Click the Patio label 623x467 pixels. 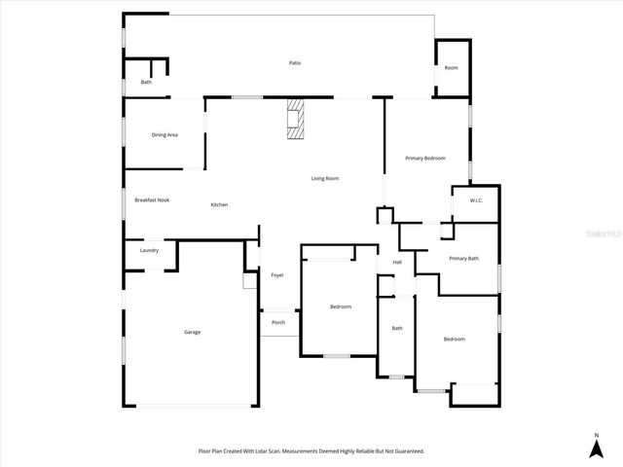[294, 63]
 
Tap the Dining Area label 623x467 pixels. [165, 135]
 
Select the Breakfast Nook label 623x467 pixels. [152, 199]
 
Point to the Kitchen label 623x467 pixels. [220, 204]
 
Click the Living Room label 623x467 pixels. [324, 178]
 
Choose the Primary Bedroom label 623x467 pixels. [425, 158]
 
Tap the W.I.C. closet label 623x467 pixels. [476, 200]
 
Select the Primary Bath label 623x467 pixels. [463, 258]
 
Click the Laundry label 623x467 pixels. [149, 250]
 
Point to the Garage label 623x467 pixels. [193, 332]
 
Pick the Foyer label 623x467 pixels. [277, 275]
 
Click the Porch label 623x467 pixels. [278, 322]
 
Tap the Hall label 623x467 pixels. [397, 262]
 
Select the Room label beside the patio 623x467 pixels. [451, 68]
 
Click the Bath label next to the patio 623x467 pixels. [146, 82]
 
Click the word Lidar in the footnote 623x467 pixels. [276, 451]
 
